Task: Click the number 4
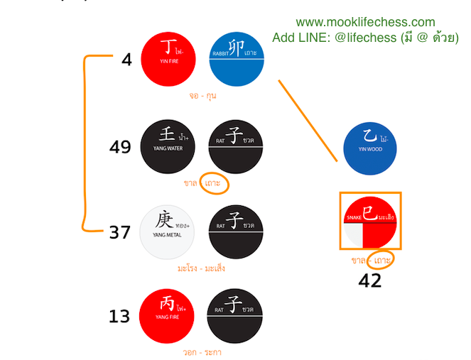tap(126, 60)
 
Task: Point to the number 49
tap(120, 147)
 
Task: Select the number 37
tap(120, 232)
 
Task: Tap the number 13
tap(120, 316)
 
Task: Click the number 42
tap(369, 280)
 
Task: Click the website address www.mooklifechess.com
tap(365, 23)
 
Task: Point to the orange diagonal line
tap(307, 121)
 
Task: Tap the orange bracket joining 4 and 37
tap(86, 142)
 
